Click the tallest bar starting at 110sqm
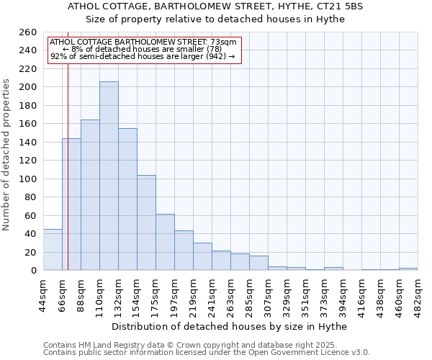(x=109, y=176)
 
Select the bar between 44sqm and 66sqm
(x=53, y=250)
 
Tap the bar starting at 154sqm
(x=146, y=223)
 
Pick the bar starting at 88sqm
(x=90, y=195)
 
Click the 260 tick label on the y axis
(x=28, y=32)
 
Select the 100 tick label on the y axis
(x=28, y=179)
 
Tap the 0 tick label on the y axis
(x=34, y=271)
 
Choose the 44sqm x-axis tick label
(x=44, y=293)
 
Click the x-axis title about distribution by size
(x=230, y=326)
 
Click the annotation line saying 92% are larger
(x=143, y=56)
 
